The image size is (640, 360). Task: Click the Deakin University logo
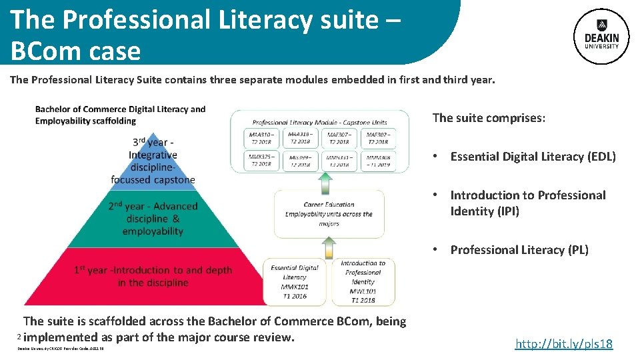(601, 37)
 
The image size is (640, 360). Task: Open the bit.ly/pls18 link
(563, 343)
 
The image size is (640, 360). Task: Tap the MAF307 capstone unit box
(339, 138)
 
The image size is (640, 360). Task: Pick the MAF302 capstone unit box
(378, 138)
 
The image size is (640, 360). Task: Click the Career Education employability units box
(329, 214)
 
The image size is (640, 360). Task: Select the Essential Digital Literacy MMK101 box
(295, 281)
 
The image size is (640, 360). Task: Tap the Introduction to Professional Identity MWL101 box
(363, 281)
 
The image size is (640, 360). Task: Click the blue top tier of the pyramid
(153, 160)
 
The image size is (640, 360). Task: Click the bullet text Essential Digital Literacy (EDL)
(533, 157)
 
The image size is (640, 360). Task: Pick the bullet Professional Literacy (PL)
(519, 250)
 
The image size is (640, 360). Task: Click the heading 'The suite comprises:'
(489, 118)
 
